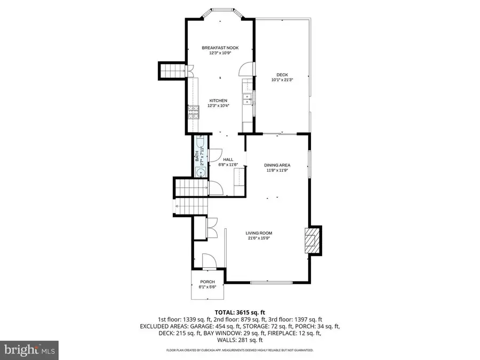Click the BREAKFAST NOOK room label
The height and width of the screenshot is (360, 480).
point(220,48)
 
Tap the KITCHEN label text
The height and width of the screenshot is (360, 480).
point(218,101)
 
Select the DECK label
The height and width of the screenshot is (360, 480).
point(282,75)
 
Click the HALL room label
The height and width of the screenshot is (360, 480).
point(228,159)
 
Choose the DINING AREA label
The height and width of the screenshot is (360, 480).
point(277,165)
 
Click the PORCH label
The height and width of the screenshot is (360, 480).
point(207,282)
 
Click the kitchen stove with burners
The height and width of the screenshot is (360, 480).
point(191,112)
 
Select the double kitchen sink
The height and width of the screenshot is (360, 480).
point(247,100)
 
